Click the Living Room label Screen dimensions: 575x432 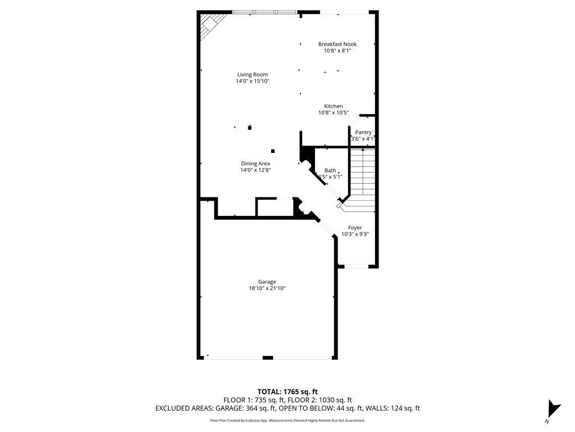click(x=252, y=75)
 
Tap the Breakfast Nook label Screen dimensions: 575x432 click(x=337, y=44)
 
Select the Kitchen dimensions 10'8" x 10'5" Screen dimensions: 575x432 click(x=334, y=112)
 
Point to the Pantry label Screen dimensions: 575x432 click(x=363, y=132)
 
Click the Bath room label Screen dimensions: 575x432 click(x=330, y=170)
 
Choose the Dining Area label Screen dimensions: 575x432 click(x=255, y=164)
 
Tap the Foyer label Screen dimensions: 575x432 click(x=355, y=228)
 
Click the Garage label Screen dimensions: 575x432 click(x=267, y=282)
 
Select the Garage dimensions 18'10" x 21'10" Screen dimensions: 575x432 click(x=267, y=289)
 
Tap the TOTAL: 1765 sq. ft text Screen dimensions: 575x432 click(x=287, y=391)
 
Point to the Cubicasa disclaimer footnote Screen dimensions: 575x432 click(x=287, y=421)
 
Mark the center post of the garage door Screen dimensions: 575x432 click(x=268, y=358)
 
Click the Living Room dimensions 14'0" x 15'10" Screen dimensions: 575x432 click(x=252, y=81)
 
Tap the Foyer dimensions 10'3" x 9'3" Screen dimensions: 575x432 click(x=355, y=235)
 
